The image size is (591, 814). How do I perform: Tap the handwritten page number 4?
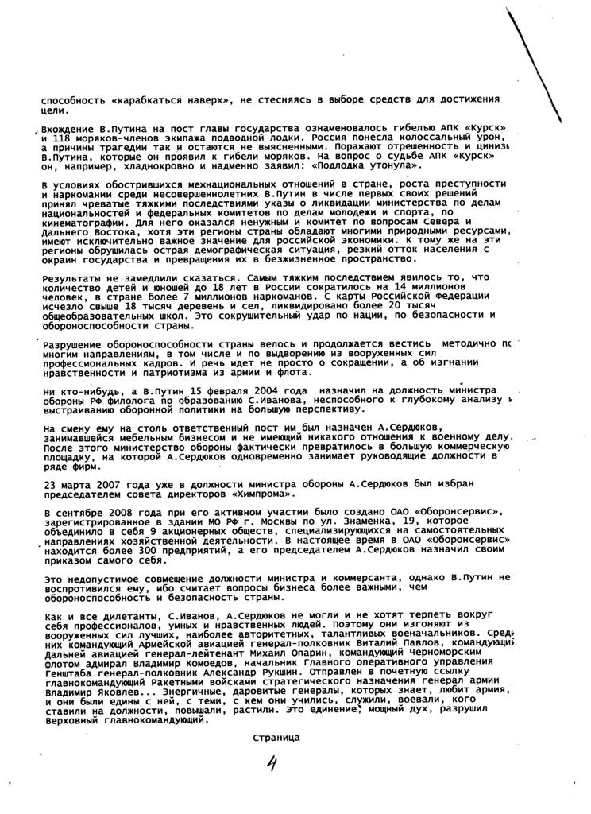pyautogui.click(x=272, y=766)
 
